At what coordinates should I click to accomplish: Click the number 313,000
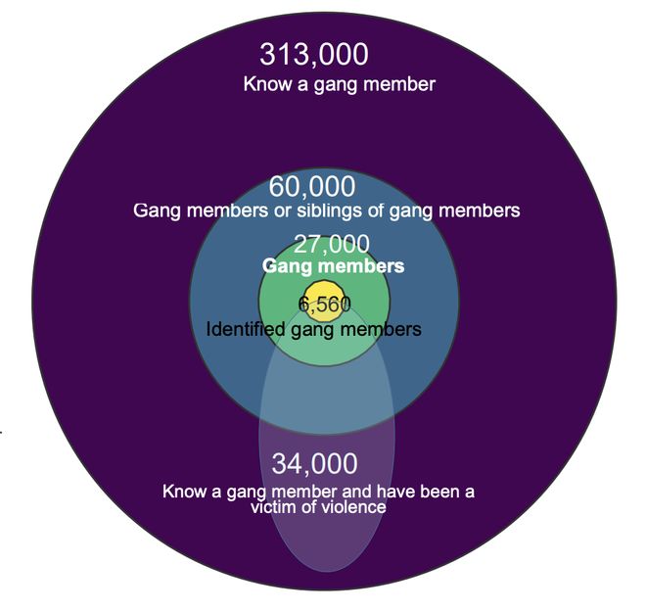314,56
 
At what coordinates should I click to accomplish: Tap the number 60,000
312,186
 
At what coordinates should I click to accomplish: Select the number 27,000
332,244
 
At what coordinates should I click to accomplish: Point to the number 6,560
324,305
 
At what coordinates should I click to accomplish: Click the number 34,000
314,463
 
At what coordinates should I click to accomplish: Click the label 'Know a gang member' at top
339,84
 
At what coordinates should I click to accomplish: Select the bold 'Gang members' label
333,266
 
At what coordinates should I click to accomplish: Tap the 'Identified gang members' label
314,329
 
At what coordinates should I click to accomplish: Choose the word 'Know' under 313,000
265,84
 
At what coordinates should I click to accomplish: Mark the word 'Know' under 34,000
184,492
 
